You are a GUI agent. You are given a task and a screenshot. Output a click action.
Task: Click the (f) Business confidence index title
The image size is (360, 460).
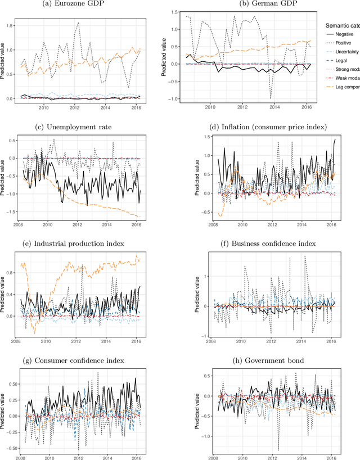(x=272, y=243)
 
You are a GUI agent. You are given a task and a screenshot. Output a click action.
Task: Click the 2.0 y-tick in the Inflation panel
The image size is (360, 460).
(x=204, y=136)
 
